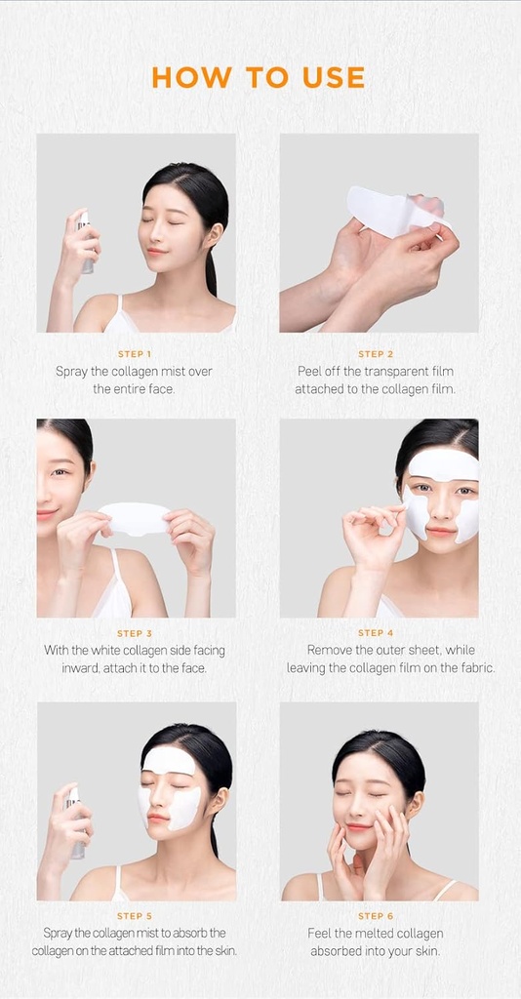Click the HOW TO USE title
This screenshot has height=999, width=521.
point(259,77)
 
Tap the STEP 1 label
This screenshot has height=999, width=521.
point(135,354)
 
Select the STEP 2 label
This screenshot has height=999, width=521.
point(376,354)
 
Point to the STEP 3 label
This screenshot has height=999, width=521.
point(135,633)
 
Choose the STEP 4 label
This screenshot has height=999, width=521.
point(376,633)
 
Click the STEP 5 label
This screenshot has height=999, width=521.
point(135,916)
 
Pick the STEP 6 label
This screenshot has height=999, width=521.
point(376,916)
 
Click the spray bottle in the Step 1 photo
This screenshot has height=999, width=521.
point(86,242)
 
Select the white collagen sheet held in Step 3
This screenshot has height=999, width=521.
point(135,517)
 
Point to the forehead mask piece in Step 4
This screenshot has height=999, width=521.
point(444,463)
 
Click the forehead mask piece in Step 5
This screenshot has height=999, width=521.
point(169,761)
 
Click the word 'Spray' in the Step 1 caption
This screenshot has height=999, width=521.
point(71,372)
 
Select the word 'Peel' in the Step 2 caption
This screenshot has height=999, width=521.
point(312,372)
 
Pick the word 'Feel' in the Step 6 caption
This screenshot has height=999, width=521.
point(321,934)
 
